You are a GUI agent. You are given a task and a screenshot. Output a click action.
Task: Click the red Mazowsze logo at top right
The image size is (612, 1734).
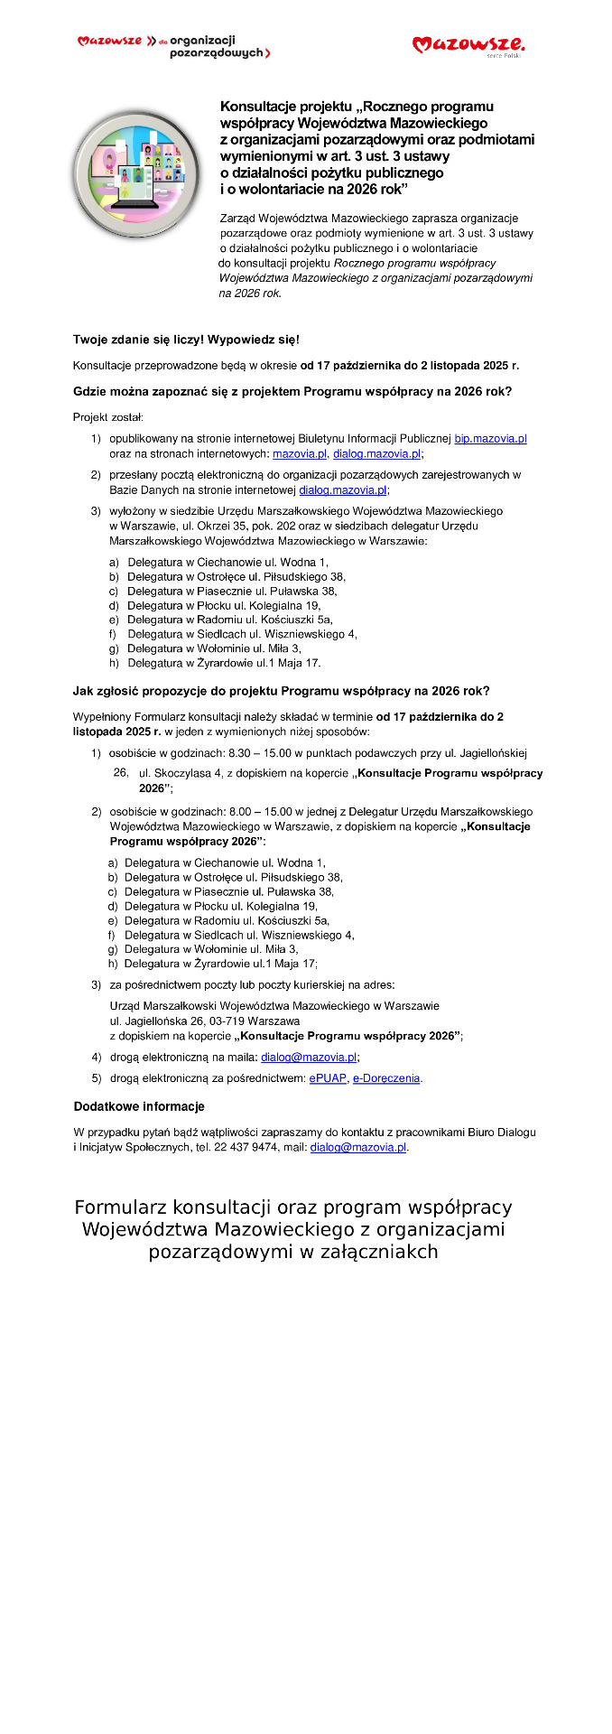[x=468, y=45]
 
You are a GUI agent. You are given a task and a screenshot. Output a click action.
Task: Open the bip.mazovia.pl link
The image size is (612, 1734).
[x=490, y=439]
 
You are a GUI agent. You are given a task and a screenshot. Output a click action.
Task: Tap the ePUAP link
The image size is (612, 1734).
[x=328, y=1078]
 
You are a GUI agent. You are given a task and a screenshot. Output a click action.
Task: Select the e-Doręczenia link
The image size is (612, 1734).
[x=386, y=1078]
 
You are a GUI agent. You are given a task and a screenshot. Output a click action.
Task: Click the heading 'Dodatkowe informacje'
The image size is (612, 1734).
[x=139, y=1106]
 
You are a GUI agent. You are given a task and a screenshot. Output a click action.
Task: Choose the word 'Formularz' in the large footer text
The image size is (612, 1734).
[x=121, y=1207]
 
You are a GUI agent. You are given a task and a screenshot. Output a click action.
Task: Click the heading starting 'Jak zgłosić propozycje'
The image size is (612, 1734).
[x=281, y=691]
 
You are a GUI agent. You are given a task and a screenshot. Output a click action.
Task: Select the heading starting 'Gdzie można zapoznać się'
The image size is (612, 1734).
[x=292, y=392]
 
